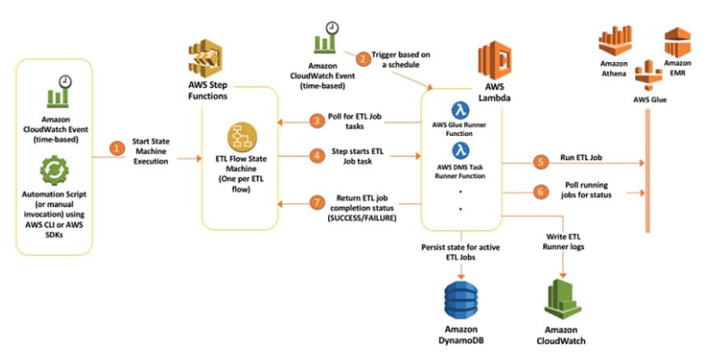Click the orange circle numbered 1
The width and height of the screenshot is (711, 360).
pyautogui.click(x=117, y=147)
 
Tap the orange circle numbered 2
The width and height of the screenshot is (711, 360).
pyautogui.click(x=363, y=57)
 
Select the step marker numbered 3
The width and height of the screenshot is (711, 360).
pyautogui.click(x=316, y=121)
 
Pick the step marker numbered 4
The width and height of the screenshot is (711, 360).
pyautogui.click(x=316, y=156)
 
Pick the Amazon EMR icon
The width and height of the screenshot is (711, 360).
pyautogui.click(x=677, y=39)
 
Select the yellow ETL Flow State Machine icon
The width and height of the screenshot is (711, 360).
pyautogui.click(x=239, y=138)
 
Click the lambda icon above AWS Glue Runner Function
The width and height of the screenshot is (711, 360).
pyautogui.click(x=461, y=111)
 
